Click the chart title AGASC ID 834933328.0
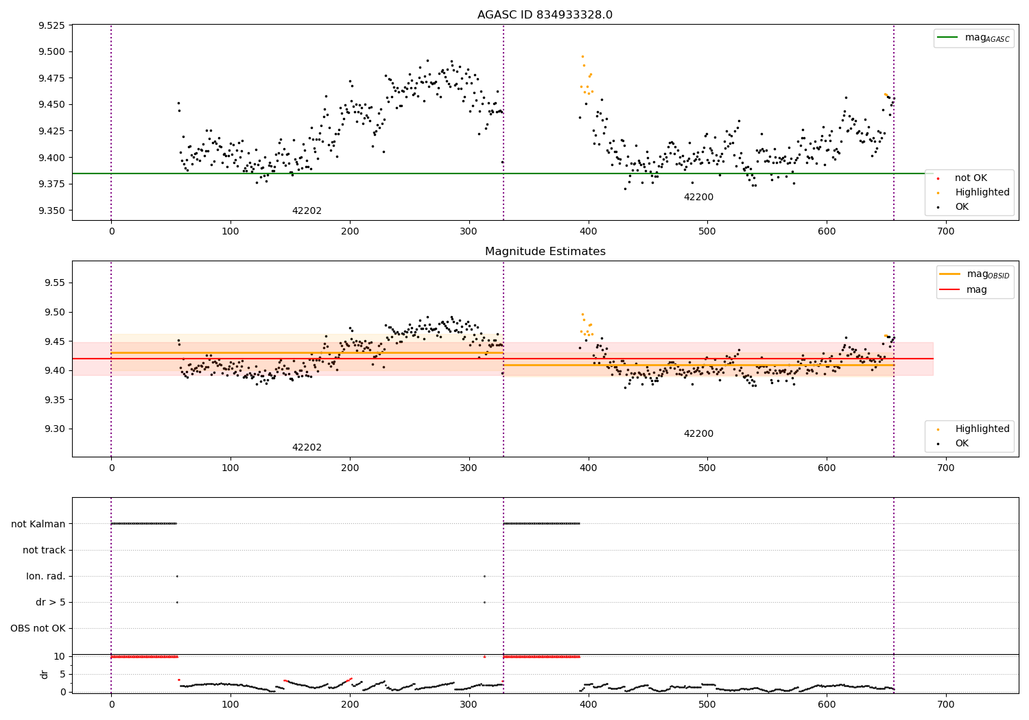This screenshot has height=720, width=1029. point(545,15)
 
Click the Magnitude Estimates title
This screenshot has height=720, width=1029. point(545,252)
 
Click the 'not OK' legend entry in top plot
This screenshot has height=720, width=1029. point(971,178)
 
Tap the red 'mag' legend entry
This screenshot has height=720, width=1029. point(976,290)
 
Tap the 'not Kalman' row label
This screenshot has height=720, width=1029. point(38,524)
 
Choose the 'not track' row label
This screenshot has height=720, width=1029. point(44,550)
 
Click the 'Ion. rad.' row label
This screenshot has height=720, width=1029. point(46,576)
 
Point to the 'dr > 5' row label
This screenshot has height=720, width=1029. point(51,602)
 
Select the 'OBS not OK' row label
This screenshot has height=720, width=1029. point(38,628)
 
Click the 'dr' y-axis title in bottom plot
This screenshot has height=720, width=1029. point(45,674)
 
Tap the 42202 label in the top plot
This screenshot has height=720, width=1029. point(307,211)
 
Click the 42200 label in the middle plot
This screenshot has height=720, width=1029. point(698,434)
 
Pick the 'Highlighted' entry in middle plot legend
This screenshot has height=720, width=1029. point(982,429)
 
